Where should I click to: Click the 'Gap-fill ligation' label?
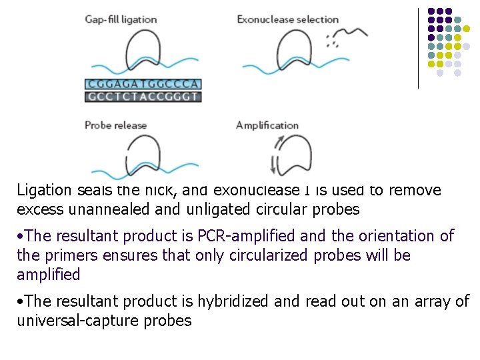(121, 19)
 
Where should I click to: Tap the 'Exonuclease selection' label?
(287, 19)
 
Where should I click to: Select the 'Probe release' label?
(115, 125)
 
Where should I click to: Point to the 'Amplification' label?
(267, 125)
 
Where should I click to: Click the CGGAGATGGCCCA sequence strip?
(143, 85)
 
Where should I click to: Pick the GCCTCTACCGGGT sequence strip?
(143, 96)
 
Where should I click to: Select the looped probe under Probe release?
(142, 153)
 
